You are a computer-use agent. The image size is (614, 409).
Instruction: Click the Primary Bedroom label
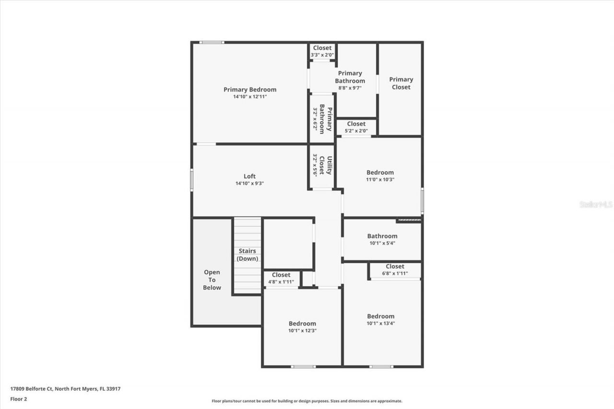[250, 90]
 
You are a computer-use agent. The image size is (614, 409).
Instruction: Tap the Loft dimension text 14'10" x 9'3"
[249, 183]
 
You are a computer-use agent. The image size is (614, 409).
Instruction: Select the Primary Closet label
[401, 83]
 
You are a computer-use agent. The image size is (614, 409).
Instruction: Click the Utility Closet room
[321, 165]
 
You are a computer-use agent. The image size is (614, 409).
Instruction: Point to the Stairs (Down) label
[248, 255]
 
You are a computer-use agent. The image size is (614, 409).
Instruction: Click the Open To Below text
[212, 280]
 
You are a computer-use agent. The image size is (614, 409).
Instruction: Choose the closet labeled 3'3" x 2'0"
[322, 51]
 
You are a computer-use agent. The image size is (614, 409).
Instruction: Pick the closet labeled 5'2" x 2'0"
[356, 127]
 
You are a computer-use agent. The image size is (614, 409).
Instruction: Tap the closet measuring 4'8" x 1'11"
[281, 278]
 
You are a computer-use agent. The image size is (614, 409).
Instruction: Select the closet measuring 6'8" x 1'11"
[395, 269]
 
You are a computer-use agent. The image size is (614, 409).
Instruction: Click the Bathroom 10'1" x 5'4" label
[382, 239]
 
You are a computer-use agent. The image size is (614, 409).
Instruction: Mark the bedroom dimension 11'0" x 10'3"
[380, 179]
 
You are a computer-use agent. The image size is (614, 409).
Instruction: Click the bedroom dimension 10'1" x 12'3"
[302, 330]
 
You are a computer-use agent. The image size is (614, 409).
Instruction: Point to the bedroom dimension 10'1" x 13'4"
[381, 323]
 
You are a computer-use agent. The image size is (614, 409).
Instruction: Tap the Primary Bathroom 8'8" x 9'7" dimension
[350, 88]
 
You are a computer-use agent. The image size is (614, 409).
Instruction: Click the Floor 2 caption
[19, 398]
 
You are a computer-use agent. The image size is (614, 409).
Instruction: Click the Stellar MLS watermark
[596, 204]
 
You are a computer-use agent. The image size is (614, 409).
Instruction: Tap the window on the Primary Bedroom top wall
[212, 43]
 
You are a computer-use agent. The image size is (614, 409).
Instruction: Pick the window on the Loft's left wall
[192, 180]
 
